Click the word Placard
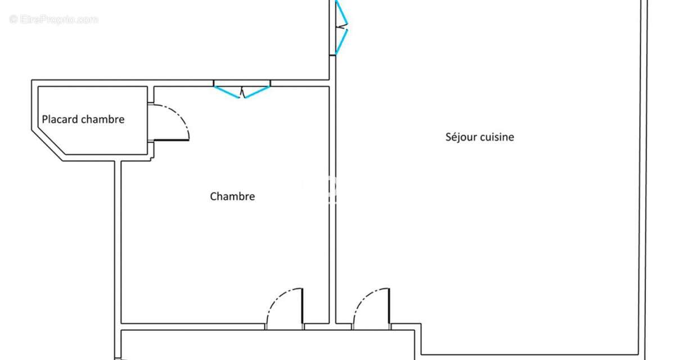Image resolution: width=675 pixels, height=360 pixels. pos(60,119)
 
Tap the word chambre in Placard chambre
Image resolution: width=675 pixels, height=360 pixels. pos(103,119)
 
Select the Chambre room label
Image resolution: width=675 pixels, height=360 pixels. pos(232,196)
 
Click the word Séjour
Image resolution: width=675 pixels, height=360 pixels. pos(461,137)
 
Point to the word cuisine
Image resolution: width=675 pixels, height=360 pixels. pos(497,137)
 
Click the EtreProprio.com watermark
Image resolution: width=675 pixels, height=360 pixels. pos(53,20)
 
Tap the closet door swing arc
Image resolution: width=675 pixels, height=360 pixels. pos(178,116)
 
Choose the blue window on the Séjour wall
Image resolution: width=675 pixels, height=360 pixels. pos(342,28)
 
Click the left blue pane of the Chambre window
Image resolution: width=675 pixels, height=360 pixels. pos(227,92)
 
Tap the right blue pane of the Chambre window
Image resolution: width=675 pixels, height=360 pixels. pos(257,92)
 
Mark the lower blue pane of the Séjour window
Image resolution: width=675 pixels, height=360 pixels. pos(342,42)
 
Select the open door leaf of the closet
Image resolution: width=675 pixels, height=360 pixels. pos(171,140)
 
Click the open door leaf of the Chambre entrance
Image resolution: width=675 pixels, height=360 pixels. pos(303,306)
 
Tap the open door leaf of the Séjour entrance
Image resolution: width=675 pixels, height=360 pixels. pos(389,306)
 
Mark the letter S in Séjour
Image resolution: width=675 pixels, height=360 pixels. pos(448,137)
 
